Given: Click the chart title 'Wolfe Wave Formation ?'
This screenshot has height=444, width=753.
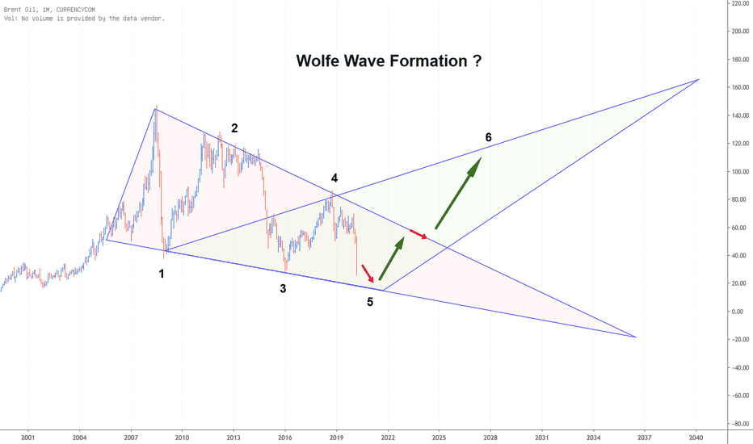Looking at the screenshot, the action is point(389,61).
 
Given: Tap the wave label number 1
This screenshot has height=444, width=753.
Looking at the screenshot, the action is point(162,274).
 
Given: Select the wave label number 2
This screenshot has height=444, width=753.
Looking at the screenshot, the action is point(234,128).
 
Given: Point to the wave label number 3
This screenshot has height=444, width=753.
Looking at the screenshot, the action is point(283,288).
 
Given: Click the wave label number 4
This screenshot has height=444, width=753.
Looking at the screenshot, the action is point(334,178).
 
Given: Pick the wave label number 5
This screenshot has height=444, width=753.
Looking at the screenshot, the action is point(370,302).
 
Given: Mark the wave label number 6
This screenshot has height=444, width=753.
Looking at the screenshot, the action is point(488,137).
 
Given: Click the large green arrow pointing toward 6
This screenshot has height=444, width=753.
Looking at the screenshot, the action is point(458,193).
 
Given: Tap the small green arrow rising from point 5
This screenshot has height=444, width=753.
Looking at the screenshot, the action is point(391,258).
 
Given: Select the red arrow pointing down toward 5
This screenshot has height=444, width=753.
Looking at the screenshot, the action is point(368,273).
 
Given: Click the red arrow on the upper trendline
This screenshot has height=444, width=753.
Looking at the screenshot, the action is point(419,234).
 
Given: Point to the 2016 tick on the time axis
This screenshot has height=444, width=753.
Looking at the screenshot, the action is point(284,438).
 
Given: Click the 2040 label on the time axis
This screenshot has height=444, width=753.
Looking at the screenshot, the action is point(696,438).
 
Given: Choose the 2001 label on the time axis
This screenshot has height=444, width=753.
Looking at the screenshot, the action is point(28,438).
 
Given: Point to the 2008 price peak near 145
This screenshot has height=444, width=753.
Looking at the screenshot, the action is point(156,107).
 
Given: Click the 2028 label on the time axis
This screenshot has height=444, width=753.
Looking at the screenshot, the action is point(490,438).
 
